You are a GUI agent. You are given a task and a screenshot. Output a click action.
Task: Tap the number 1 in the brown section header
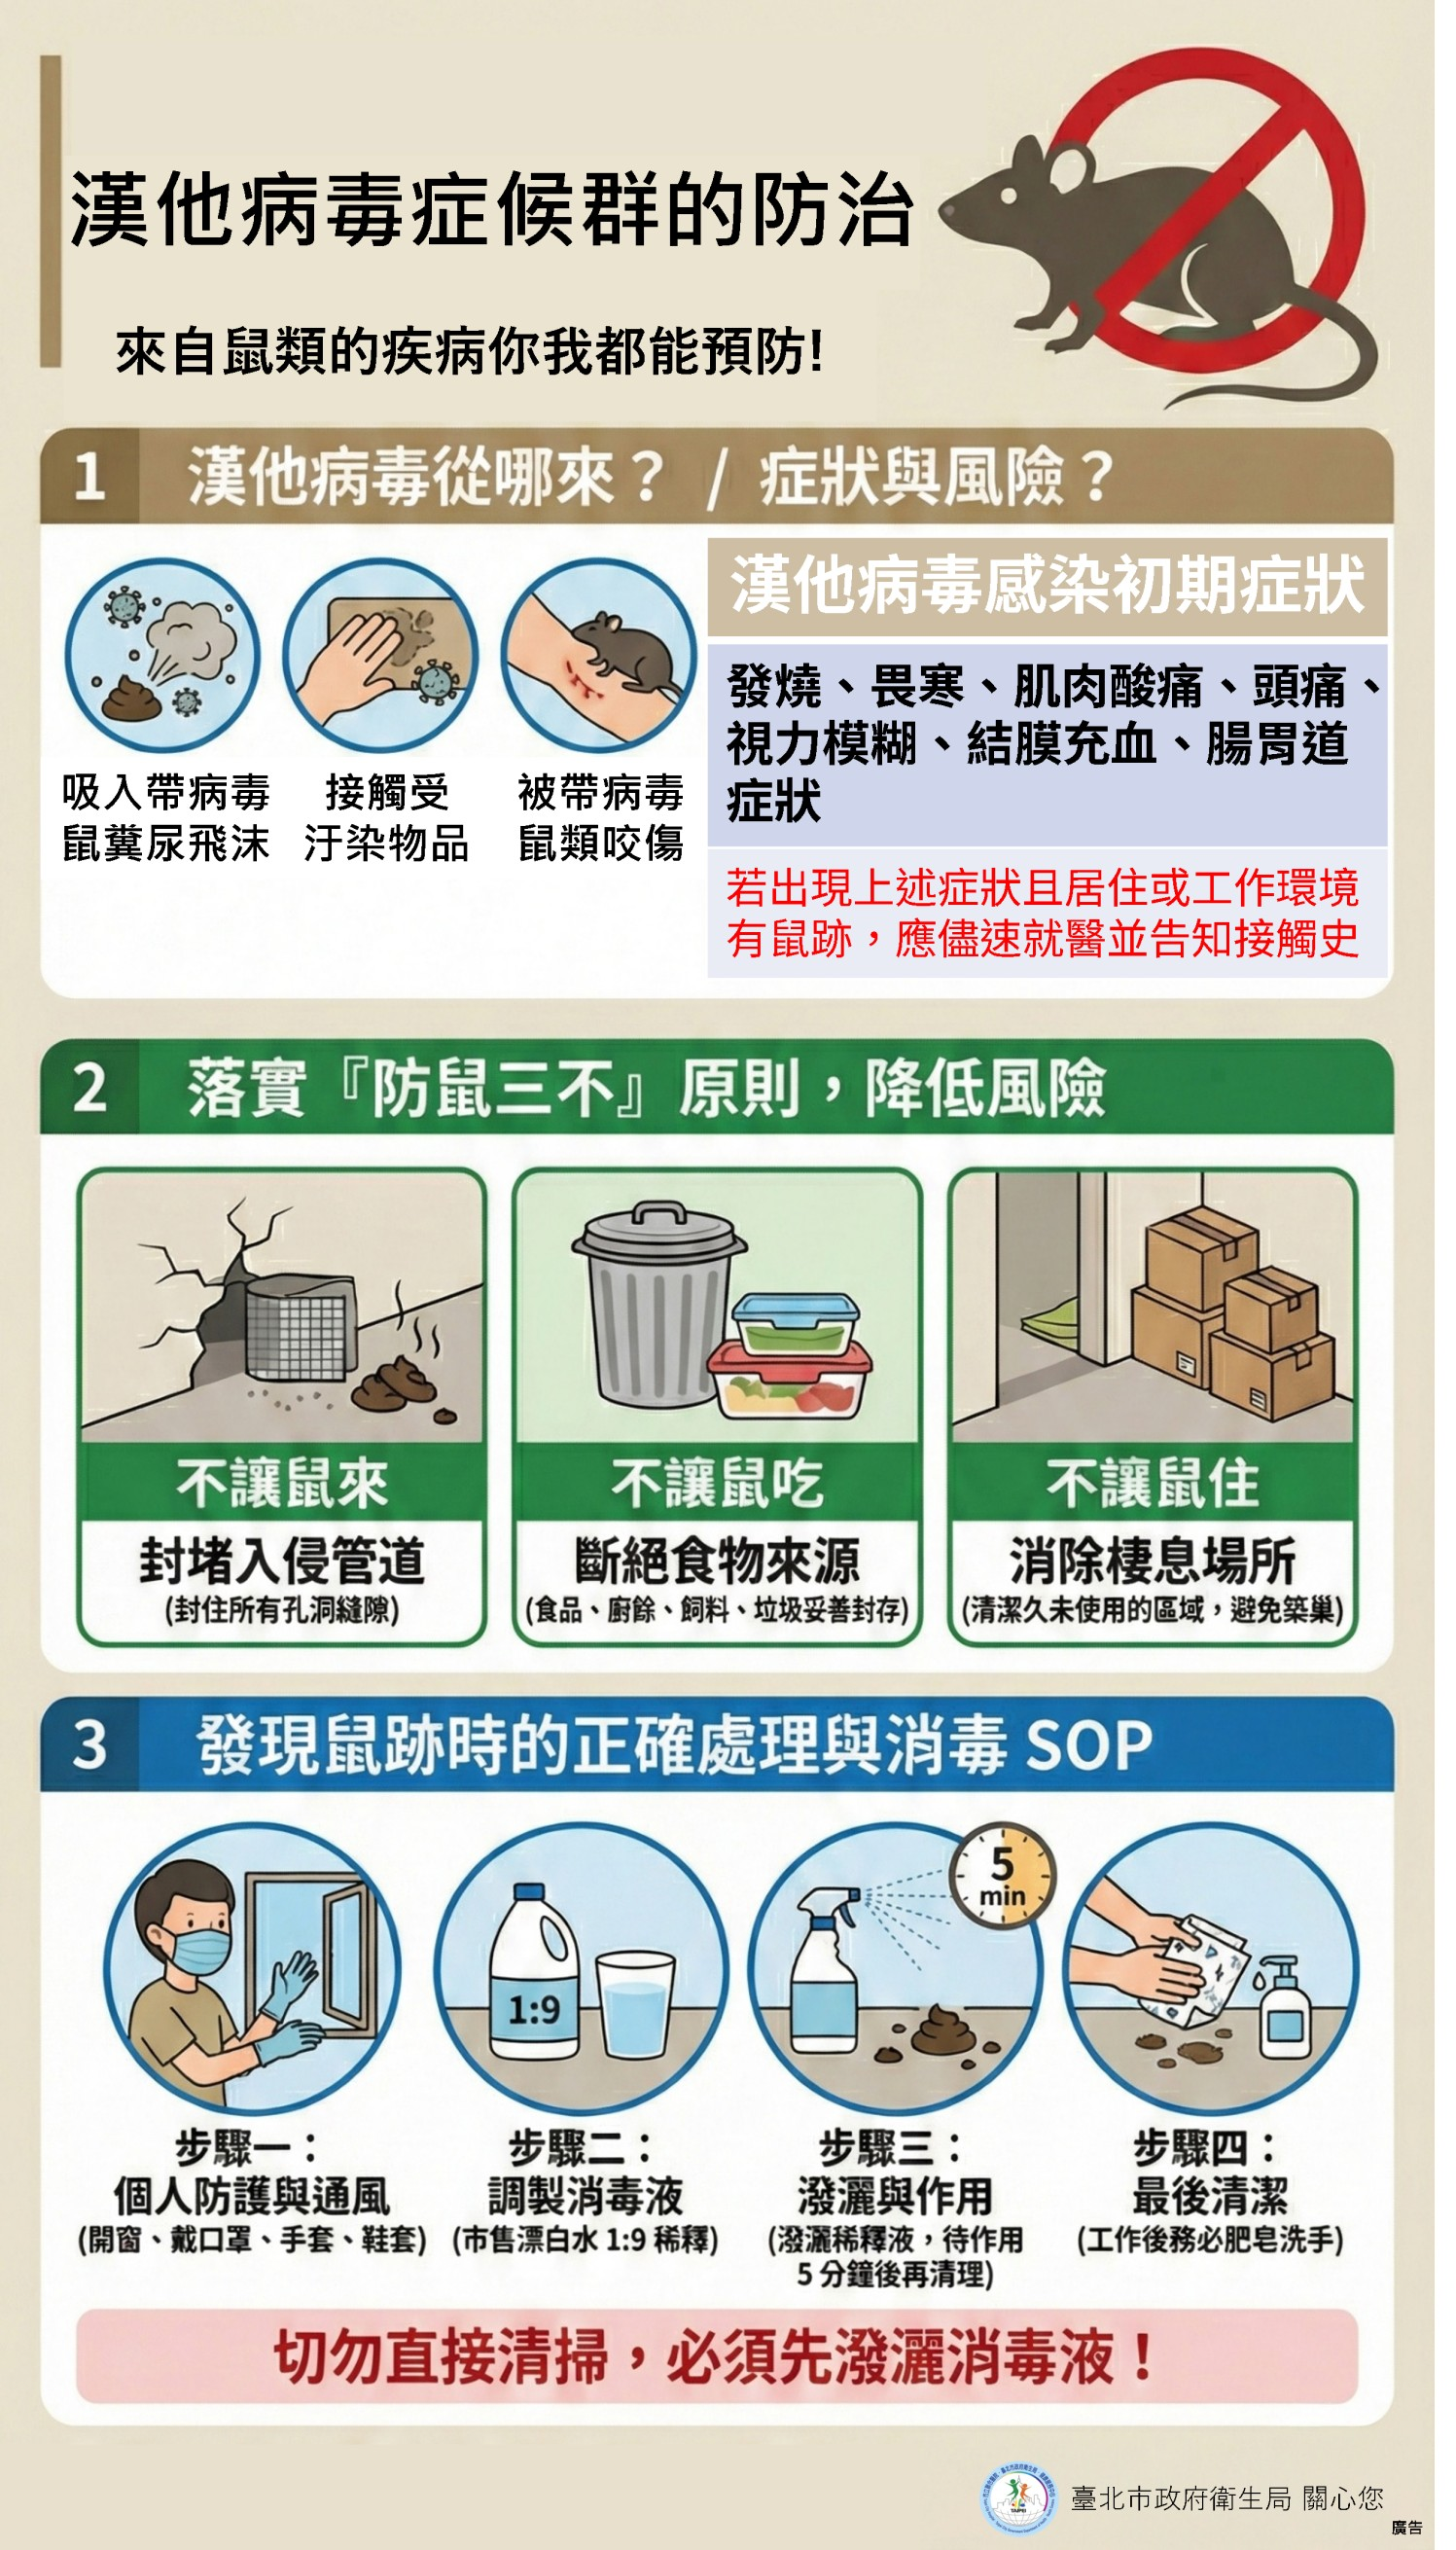[90, 475]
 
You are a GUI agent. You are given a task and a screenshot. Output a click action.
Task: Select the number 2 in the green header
[90, 1087]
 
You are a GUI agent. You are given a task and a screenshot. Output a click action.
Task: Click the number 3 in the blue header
[90, 1744]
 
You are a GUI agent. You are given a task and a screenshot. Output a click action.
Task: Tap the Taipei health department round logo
[1019, 2497]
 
